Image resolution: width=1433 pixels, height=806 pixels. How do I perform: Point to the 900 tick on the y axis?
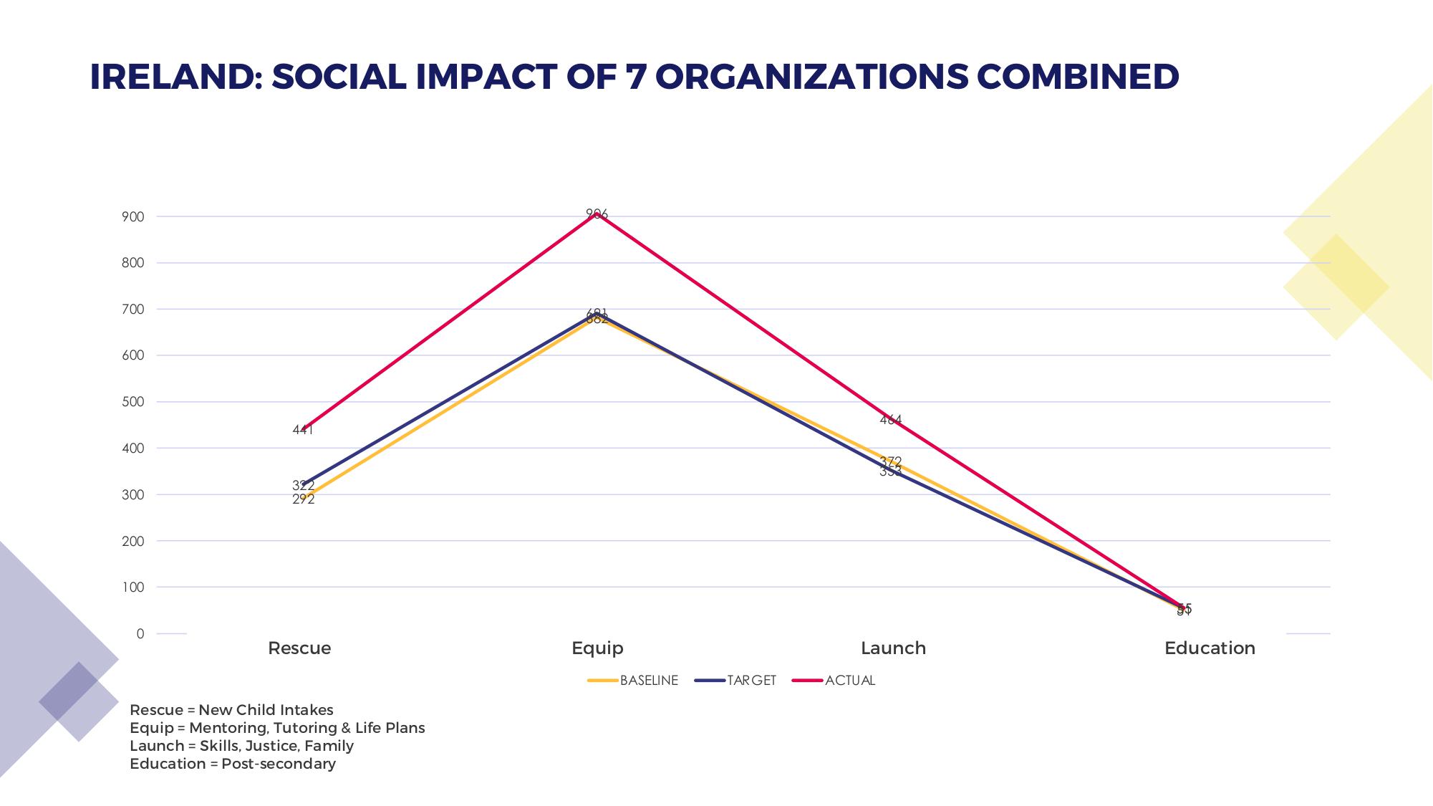pos(133,217)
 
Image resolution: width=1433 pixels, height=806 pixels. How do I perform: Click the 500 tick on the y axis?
pos(133,402)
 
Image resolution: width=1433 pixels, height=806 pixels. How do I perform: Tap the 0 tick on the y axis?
pos(140,634)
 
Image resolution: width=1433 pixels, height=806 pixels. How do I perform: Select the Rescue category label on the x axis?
pos(299,648)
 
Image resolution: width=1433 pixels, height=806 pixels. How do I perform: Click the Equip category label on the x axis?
pos(597,648)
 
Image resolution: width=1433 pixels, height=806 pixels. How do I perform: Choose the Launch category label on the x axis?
pos(893,648)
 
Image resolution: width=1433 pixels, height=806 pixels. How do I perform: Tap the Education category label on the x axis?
pos(1210,648)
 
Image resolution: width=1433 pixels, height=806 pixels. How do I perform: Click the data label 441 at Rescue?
pos(303,430)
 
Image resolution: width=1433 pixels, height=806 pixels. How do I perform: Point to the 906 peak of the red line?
pos(597,214)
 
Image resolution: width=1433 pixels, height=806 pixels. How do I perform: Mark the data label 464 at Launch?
pos(890,420)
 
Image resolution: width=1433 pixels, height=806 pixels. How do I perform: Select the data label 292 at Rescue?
pos(303,499)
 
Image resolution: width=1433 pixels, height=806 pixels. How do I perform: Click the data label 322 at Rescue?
pos(303,486)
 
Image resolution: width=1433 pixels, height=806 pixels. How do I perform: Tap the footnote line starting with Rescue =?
pos(231,710)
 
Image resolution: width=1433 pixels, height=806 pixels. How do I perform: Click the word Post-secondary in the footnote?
pos(279,764)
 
